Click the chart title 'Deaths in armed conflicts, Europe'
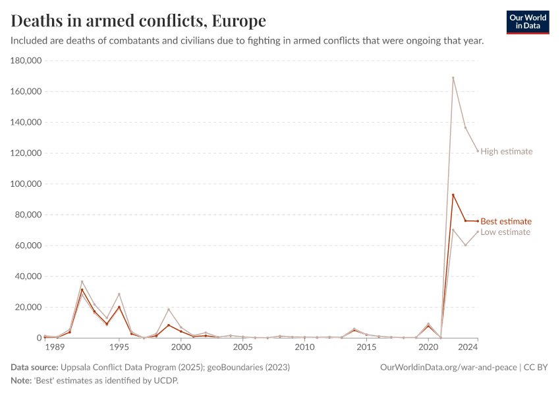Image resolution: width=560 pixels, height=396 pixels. click(x=138, y=20)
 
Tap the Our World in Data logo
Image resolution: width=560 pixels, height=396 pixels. click(x=528, y=22)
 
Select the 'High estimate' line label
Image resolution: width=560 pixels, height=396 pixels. click(x=506, y=151)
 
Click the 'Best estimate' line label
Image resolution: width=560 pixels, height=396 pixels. click(x=506, y=221)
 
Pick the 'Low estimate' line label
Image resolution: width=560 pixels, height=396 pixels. click(x=505, y=232)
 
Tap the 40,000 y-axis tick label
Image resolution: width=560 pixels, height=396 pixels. click(x=29, y=277)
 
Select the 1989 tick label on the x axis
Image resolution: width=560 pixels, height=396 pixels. click(x=54, y=347)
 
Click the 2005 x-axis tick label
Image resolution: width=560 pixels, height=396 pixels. click(x=242, y=347)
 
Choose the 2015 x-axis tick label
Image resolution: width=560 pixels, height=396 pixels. click(x=366, y=347)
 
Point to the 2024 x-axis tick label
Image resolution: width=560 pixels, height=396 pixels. click(x=468, y=347)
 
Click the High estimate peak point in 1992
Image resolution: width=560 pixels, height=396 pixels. click(x=82, y=282)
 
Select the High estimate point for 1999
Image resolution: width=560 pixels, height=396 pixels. click(x=169, y=309)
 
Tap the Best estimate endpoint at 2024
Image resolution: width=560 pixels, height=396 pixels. click(x=478, y=221)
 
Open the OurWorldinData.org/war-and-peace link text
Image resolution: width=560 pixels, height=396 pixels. click(x=449, y=367)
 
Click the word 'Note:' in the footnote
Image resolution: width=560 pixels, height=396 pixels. click(x=22, y=380)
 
